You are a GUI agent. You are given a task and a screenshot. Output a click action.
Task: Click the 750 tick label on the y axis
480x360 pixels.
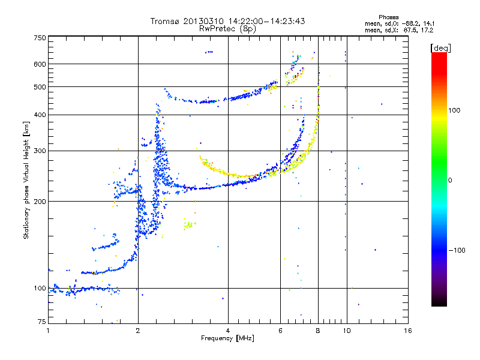40,38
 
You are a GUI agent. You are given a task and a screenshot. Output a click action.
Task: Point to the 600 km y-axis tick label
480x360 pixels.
40,64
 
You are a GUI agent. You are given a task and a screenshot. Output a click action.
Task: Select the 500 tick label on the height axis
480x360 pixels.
40,87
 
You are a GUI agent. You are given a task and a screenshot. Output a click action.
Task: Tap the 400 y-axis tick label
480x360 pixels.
40,115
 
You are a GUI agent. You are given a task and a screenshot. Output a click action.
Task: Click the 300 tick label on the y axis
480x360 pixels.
40,151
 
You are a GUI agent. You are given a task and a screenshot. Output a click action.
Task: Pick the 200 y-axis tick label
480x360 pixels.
40,202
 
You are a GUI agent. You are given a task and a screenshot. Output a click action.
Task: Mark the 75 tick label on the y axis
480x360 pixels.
42,322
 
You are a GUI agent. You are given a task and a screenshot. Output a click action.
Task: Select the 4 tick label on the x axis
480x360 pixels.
228,331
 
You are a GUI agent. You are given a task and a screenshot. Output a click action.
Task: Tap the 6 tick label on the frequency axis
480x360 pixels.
280,331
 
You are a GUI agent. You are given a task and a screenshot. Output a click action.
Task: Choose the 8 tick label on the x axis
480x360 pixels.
318,331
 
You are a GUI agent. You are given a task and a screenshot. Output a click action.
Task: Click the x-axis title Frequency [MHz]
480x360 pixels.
227,338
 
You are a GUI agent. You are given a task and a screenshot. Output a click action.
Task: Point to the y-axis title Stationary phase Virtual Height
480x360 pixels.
26,180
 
